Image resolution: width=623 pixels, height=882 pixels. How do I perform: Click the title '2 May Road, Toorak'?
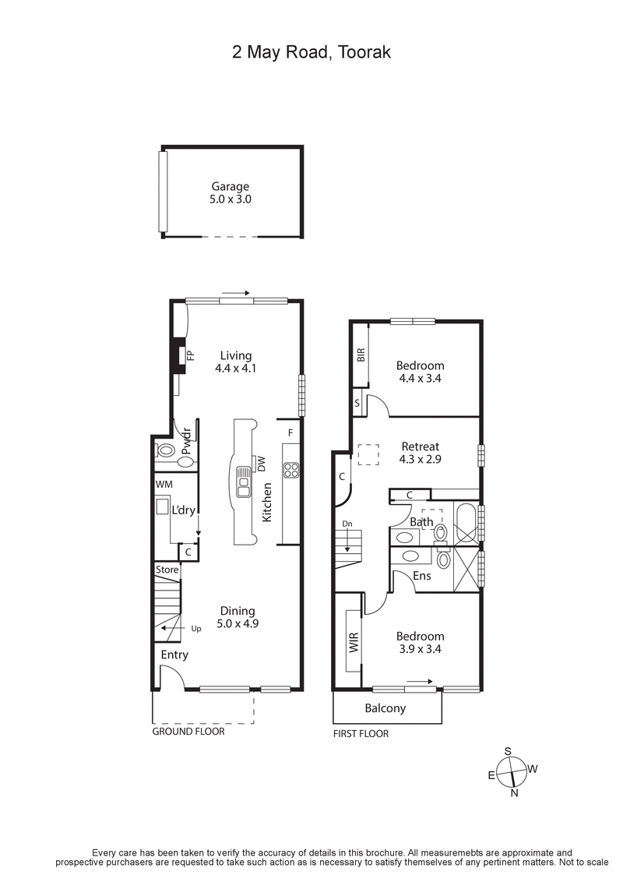(x=311, y=52)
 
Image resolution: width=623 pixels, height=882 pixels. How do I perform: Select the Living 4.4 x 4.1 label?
(x=235, y=362)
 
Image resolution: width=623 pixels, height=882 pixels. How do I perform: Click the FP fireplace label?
(x=190, y=356)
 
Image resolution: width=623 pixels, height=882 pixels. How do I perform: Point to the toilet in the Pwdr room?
(x=166, y=450)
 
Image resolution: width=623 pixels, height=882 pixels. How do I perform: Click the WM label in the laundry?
(x=164, y=485)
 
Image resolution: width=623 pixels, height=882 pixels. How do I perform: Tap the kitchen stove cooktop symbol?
(x=291, y=470)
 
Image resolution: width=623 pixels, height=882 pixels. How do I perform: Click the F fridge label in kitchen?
(x=290, y=432)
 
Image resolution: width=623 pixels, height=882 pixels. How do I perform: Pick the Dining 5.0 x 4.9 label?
(x=236, y=617)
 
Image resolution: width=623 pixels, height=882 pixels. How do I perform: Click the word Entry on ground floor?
(x=174, y=654)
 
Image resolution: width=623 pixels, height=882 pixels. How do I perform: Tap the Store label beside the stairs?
(x=167, y=570)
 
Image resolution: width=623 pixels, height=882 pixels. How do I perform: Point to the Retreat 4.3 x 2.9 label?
(x=421, y=453)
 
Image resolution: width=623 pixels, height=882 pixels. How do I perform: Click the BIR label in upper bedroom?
(x=361, y=355)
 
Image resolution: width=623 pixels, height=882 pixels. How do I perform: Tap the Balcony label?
(x=385, y=708)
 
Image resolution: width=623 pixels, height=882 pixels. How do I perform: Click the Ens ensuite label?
(x=421, y=576)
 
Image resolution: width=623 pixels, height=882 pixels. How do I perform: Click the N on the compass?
(x=514, y=793)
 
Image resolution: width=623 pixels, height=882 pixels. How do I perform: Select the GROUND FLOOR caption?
(x=188, y=732)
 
